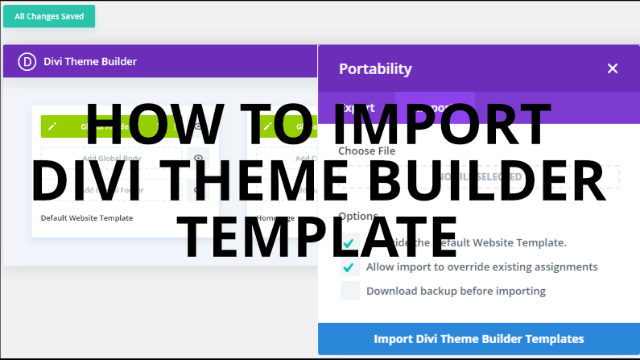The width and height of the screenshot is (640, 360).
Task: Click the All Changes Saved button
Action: (x=49, y=16)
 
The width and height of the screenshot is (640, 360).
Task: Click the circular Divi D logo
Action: (x=29, y=61)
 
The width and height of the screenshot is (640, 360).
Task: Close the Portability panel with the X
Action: (x=612, y=68)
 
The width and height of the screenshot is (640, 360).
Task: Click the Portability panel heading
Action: (x=375, y=69)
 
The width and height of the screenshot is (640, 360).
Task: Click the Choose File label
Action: (x=366, y=151)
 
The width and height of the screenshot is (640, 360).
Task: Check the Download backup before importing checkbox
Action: (x=349, y=291)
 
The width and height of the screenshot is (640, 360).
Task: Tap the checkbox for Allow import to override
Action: (x=349, y=267)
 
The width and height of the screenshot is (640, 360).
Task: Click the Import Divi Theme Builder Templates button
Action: (x=479, y=339)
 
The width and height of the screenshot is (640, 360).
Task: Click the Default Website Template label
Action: (x=87, y=218)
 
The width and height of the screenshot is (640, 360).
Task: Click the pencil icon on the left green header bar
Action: (x=52, y=126)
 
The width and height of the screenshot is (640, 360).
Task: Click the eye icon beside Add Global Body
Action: (x=197, y=159)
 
